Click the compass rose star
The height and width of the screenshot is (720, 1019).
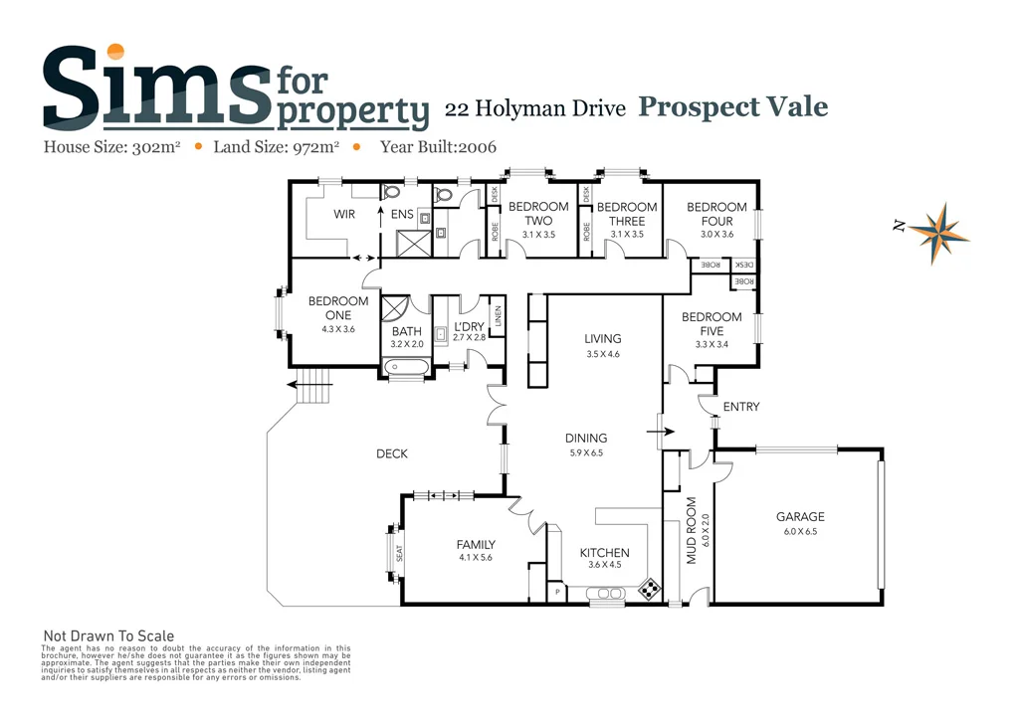pos(938,230)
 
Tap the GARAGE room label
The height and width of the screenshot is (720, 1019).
pos(800,516)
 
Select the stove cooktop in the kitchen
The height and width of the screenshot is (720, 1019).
pos(648,590)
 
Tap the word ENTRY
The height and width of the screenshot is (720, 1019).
pos(740,407)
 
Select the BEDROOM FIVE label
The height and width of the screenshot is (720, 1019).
pos(711,324)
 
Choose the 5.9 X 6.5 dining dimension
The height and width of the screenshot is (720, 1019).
pos(585,452)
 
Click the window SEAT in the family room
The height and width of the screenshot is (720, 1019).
pos(400,553)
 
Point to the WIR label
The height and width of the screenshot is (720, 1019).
pos(344,214)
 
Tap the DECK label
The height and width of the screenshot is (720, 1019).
pos(391,454)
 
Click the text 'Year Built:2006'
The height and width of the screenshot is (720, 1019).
pos(438,147)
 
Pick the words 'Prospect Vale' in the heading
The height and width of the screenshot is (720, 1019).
pos(732,107)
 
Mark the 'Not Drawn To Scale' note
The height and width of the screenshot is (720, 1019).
pos(108,636)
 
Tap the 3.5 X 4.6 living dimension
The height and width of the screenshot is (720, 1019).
pos(603,354)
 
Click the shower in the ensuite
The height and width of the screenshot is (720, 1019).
pos(410,242)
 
